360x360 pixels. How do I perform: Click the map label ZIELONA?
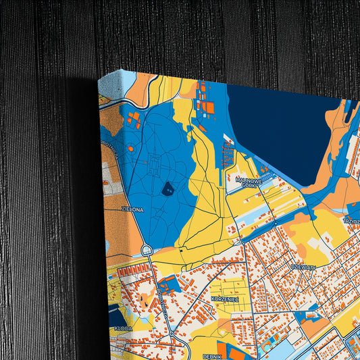(132, 209)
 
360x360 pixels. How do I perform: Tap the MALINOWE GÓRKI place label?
(249, 182)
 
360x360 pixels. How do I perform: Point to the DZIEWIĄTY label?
(303, 267)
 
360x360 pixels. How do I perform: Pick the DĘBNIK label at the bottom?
(212, 355)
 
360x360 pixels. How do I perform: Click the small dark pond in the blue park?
(168, 188)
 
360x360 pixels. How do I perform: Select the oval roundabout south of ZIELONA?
(147, 251)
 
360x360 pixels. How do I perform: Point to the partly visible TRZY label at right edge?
(352, 220)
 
